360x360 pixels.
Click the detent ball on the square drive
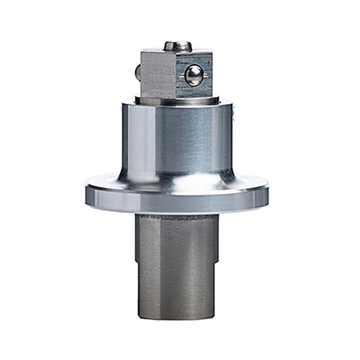click(x=193, y=75)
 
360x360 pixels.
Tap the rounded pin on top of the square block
click(x=178, y=46)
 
